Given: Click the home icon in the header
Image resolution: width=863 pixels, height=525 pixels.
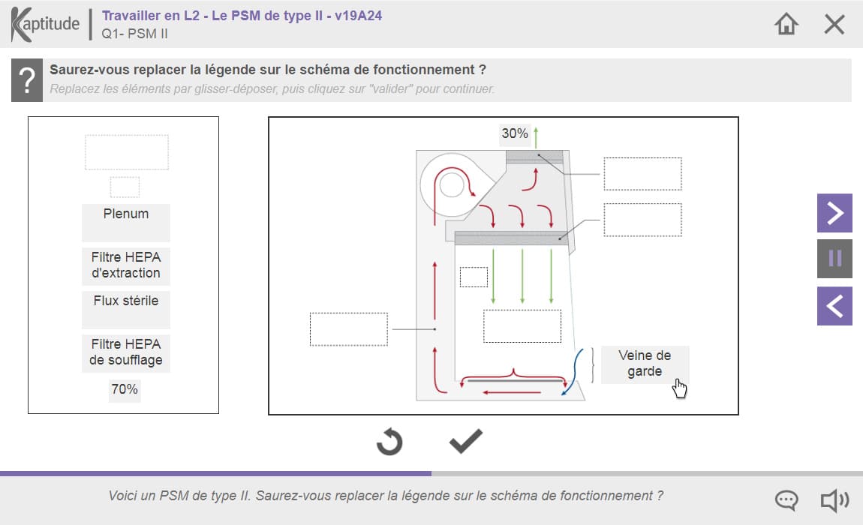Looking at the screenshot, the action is point(786,24).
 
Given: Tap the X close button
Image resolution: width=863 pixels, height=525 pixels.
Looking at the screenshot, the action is point(834,24).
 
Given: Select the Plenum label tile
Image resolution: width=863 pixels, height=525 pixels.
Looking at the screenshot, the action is point(126,222).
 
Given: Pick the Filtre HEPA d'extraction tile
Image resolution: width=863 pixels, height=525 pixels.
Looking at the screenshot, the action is point(126,265).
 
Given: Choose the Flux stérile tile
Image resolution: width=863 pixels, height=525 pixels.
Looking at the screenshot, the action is point(126,309).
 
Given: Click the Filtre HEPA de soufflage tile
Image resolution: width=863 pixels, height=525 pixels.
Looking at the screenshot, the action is point(126,352).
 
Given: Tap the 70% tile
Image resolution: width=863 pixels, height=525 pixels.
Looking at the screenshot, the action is point(125,390).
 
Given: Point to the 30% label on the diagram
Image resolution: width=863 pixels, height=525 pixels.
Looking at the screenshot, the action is point(515,133).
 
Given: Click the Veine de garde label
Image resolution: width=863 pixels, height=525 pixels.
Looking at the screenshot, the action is point(645,364).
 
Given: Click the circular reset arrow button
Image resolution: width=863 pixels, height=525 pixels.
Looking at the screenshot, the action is point(389,441).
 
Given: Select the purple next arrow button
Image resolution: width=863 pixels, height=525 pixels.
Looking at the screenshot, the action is point(834,213).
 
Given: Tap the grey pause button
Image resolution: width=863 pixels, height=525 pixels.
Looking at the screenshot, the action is point(834,258).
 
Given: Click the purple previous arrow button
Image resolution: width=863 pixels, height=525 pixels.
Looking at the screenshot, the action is point(834,306).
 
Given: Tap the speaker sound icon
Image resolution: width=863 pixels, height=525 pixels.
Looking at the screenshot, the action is point(835,501).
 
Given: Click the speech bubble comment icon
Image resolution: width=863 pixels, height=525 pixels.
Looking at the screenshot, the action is point(786,500).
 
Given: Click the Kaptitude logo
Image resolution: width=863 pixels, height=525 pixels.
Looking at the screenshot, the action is point(45,24).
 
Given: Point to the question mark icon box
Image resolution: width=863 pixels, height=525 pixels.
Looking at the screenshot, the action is point(27,80).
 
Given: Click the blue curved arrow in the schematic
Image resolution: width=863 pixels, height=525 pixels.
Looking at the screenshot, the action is point(573,372).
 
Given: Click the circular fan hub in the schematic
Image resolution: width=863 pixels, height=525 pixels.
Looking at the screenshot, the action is point(452,185).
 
